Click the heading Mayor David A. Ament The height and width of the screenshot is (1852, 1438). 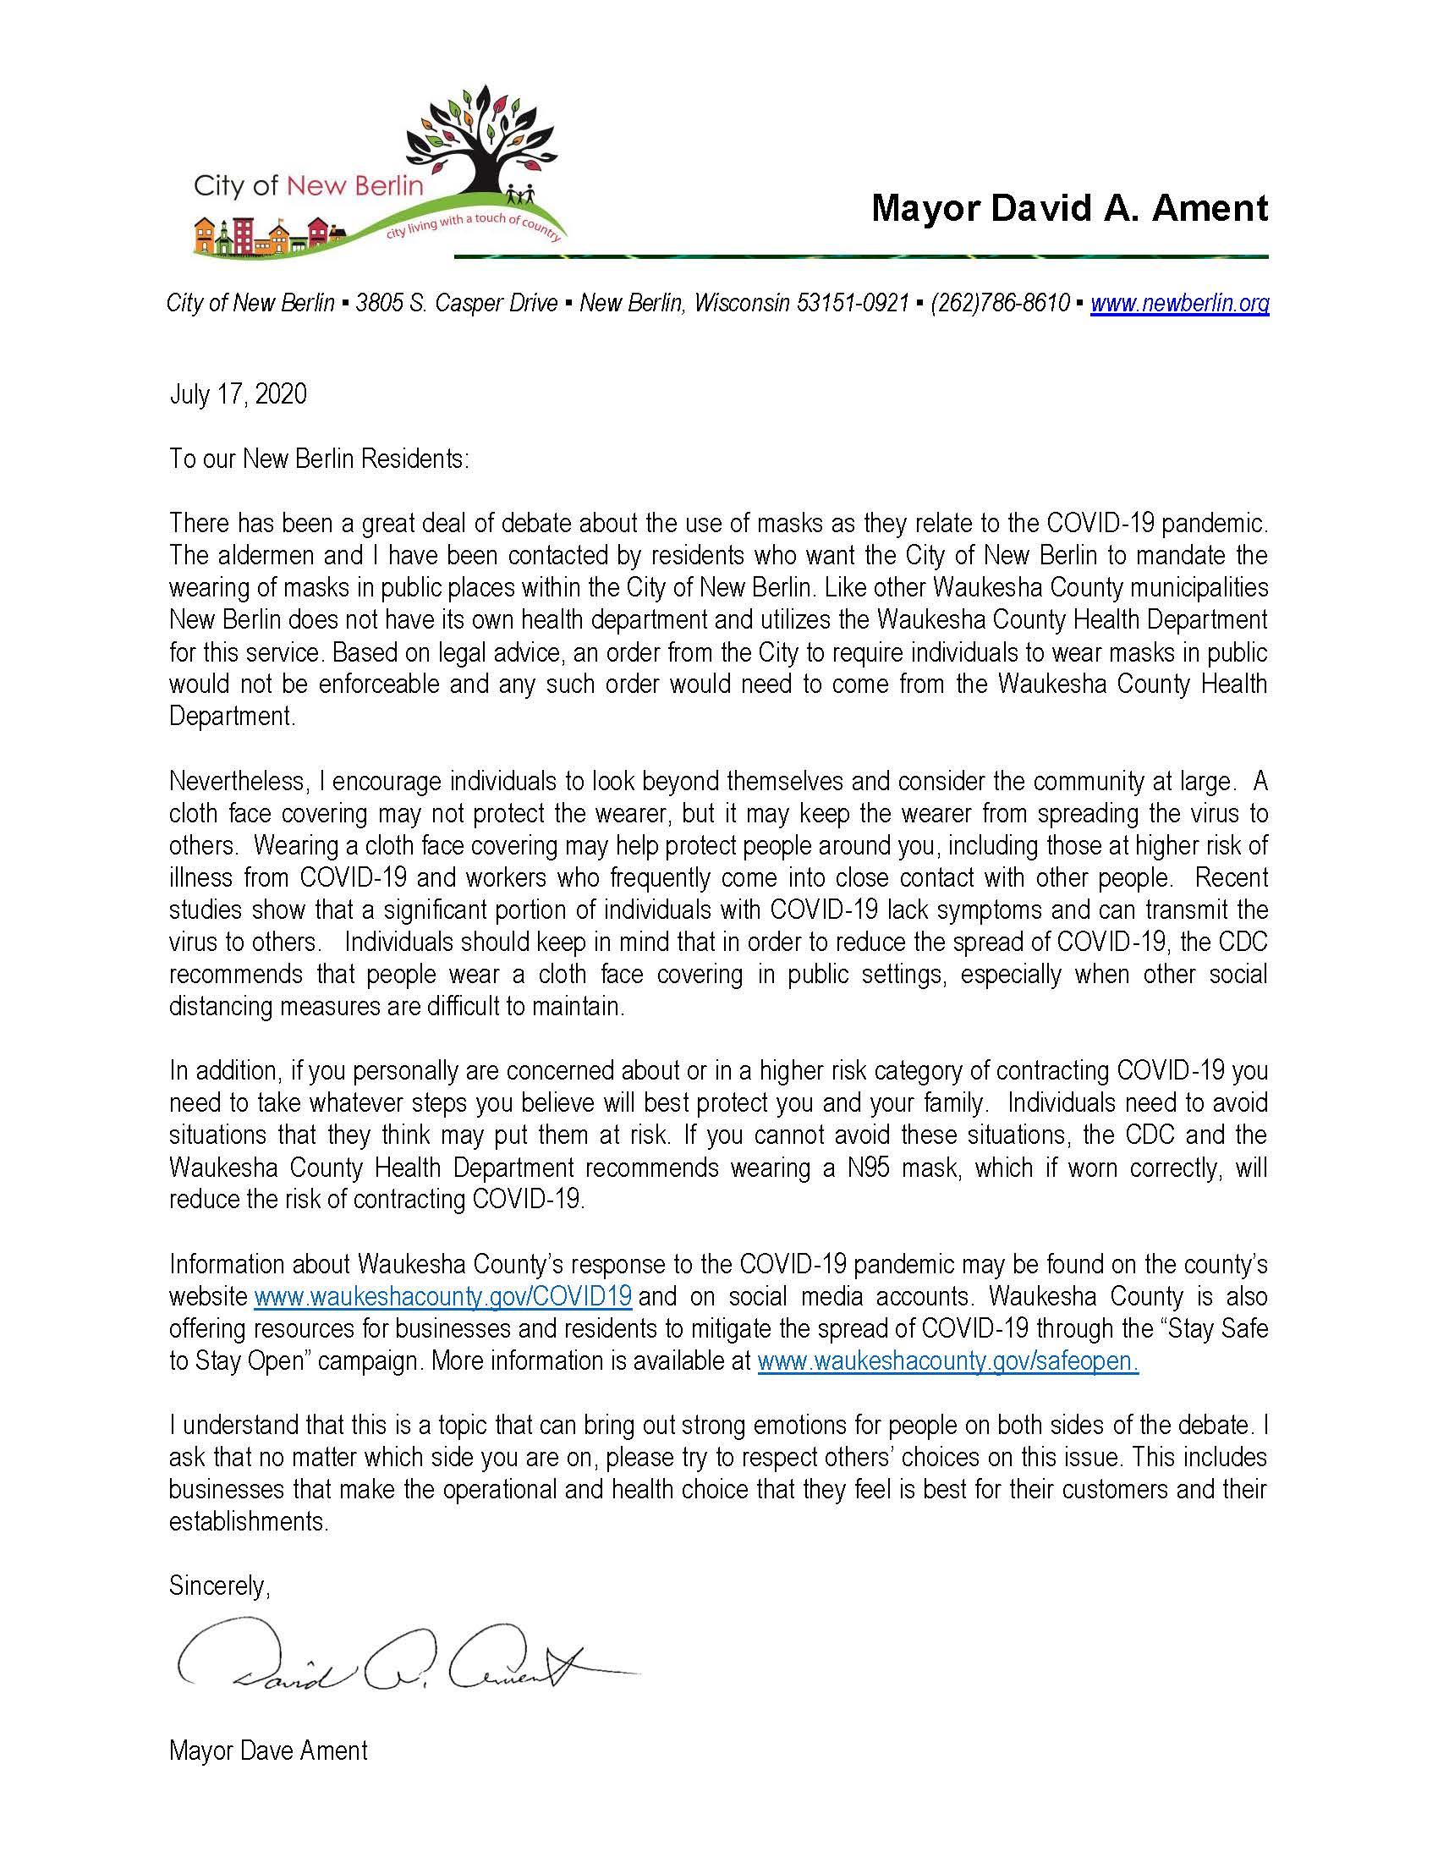coord(1069,208)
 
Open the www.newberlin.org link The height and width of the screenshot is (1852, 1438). coord(1179,303)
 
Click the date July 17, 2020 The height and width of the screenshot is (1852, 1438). coord(239,394)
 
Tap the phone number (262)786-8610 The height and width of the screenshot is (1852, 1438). coord(1000,303)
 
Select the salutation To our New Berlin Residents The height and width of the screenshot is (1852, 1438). coord(319,459)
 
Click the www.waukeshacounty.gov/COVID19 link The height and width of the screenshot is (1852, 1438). coord(442,1297)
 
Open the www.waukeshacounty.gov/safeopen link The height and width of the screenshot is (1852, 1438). coord(947,1361)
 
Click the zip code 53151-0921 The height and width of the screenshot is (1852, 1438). coord(852,303)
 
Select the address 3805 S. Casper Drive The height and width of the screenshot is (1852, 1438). coord(456,303)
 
